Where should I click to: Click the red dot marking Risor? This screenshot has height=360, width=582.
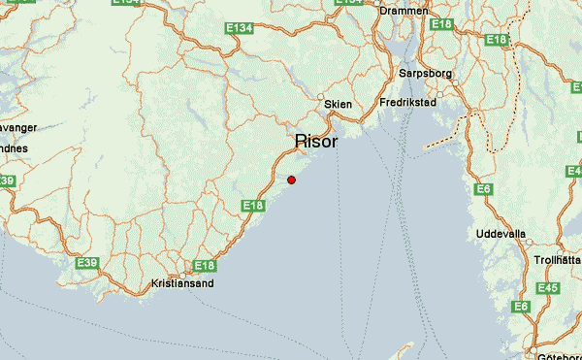tap(291, 180)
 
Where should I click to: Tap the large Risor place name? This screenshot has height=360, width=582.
tap(316, 142)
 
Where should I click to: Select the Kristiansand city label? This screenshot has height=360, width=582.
tap(183, 284)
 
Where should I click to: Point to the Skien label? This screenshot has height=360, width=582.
tap(339, 104)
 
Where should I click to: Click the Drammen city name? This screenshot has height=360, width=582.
tap(404, 11)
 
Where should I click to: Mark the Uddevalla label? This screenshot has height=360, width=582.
tap(501, 235)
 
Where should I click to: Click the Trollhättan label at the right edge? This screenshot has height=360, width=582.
tap(557, 260)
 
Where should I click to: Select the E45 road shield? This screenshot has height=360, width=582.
tap(547, 288)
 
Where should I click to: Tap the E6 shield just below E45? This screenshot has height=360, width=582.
tap(522, 308)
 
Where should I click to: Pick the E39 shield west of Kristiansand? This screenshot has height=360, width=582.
tap(86, 263)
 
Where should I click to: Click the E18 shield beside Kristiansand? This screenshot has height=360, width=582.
tap(204, 265)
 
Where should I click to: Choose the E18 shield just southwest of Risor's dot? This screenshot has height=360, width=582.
tap(252, 205)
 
